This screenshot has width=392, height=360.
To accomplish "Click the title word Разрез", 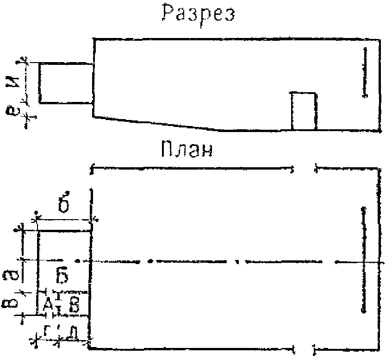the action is click(x=198, y=14).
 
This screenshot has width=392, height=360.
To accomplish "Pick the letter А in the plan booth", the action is click(x=47, y=304).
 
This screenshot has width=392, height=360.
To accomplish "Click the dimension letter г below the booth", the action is click(x=47, y=330).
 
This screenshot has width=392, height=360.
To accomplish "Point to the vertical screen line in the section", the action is click(x=365, y=72).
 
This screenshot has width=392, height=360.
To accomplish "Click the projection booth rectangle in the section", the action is click(x=66, y=82).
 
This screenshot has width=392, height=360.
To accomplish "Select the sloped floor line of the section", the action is click(x=157, y=123).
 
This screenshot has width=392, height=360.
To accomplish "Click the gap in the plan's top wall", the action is click(x=304, y=169).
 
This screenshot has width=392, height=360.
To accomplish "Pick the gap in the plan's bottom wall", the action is click(x=304, y=347).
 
